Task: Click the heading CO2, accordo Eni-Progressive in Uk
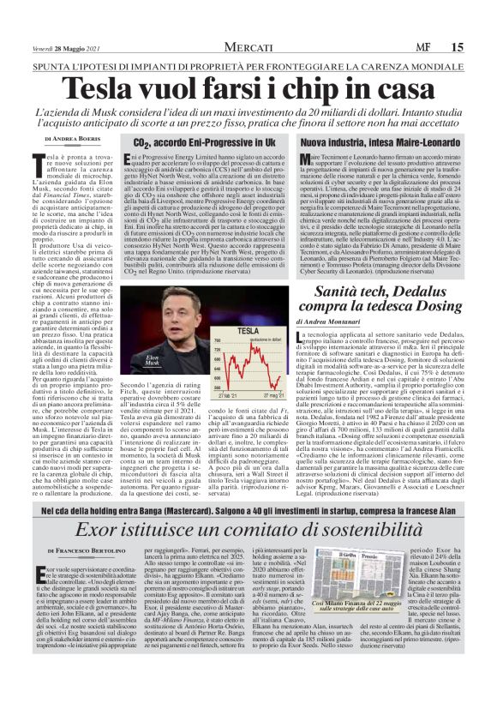211,141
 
